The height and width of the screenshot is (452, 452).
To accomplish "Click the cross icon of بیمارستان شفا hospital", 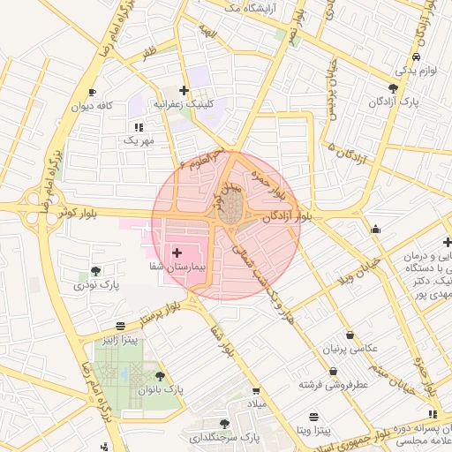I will point(177,252).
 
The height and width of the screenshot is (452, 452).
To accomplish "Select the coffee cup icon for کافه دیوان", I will point(92,93).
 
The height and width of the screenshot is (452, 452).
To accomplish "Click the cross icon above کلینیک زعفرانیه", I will point(184,90).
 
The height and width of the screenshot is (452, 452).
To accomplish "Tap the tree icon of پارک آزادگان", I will point(393,88).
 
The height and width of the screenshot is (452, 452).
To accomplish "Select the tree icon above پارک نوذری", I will point(95,271).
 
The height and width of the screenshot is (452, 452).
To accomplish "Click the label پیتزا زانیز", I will point(119,340).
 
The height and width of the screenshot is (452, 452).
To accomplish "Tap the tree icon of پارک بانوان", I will point(160,376).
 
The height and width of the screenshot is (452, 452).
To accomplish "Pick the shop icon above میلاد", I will point(256,391).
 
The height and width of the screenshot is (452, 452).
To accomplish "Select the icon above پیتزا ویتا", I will point(313,417).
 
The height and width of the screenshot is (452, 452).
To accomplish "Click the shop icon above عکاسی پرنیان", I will point(352,336).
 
